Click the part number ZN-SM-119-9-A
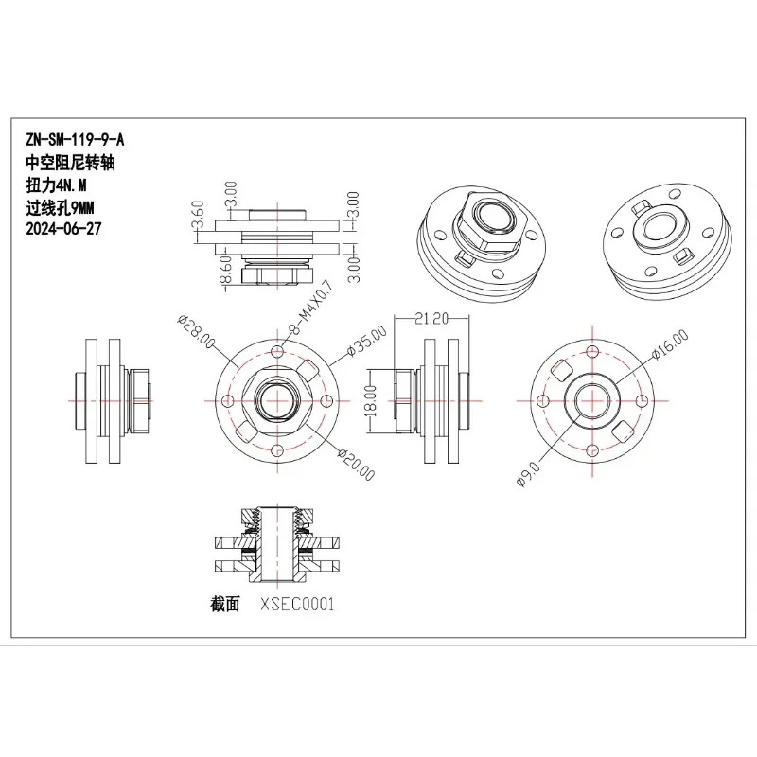point(75,140)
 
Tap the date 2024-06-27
point(63,228)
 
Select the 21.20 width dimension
point(431,318)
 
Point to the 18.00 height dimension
point(370,400)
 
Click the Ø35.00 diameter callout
point(367,341)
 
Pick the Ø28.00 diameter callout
point(196,332)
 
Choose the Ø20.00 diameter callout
point(357,465)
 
